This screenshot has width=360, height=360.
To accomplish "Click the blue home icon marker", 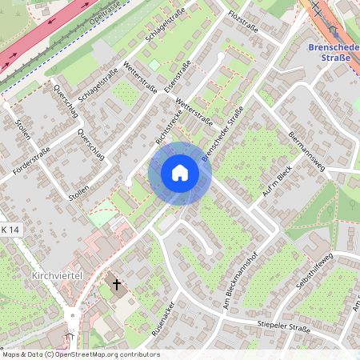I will point(179,173).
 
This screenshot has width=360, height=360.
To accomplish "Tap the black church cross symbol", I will point(117,284).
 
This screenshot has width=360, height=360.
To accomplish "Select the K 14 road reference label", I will point(9,230).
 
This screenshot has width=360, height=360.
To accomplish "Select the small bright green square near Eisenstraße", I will point(154,65).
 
